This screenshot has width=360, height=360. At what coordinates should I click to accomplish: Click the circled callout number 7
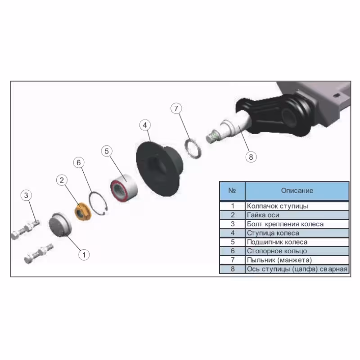pyautogui.click(x=176, y=108)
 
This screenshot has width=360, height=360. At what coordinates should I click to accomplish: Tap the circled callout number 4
pyautogui.click(x=145, y=125)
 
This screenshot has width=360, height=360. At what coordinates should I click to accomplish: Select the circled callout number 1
pyautogui.click(x=84, y=255)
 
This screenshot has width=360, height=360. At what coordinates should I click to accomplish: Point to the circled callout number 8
pyautogui.click(x=251, y=157)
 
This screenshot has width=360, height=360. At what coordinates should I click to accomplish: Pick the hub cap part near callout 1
pyautogui.click(x=60, y=224)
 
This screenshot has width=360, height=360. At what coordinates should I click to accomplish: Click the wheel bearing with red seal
pyautogui.click(x=124, y=188)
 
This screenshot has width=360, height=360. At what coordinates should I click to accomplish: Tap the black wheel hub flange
pyautogui.click(x=159, y=169)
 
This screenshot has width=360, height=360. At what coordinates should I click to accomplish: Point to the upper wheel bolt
pyautogui.click(x=25, y=230)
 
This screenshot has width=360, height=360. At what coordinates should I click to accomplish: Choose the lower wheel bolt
pyautogui.click(x=39, y=253)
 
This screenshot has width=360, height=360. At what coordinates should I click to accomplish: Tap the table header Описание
pyautogui.click(x=297, y=190)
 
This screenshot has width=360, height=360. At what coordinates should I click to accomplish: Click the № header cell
pyautogui.click(x=232, y=190)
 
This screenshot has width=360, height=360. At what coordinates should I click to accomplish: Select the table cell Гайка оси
pyautogui.click(x=297, y=215)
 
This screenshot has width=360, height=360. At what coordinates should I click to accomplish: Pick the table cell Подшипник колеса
pyautogui.click(x=297, y=242)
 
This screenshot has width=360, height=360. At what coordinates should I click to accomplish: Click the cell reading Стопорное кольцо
pyautogui.click(x=297, y=251)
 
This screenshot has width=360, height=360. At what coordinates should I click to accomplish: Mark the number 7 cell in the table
pyautogui.click(x=232, y=260)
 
